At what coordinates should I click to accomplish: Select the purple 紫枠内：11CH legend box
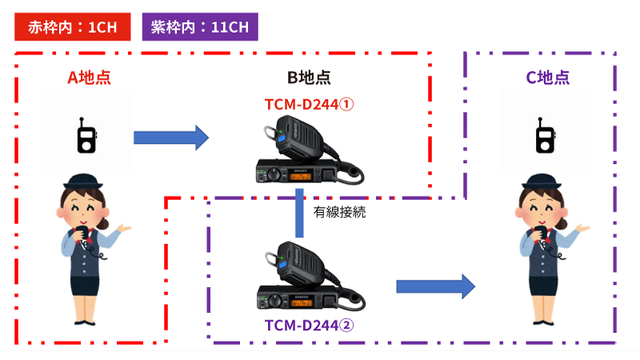tap(200, 27)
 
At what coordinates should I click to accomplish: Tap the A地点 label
tap(88, 78)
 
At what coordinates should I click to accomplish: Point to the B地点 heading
tap(309, 78)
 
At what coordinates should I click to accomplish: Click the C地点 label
tap(547, 78)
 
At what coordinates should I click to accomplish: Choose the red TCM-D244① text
tap(309, 104)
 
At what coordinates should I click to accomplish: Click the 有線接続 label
tap(339, 213)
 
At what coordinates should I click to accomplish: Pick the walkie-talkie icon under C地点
tap(544, 137)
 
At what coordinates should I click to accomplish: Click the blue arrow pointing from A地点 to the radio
tap(170, 138)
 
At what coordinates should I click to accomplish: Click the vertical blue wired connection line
tap(299, 212)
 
